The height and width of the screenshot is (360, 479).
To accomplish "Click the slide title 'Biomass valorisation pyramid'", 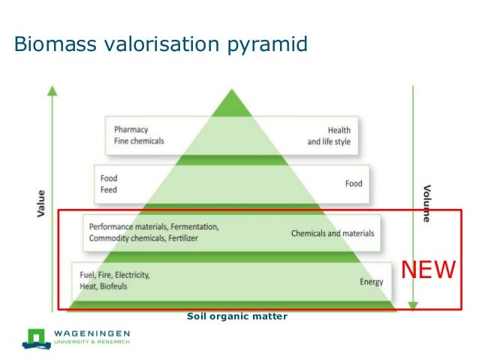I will [x=161, y=44].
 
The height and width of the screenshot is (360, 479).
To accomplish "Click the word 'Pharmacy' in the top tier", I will [x=131, y=129].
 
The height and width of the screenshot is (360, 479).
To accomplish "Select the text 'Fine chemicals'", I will [x=139, y=141].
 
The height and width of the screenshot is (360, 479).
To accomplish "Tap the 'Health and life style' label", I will [x=329, y=135].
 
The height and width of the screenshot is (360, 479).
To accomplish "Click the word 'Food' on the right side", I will [x=353, y=183].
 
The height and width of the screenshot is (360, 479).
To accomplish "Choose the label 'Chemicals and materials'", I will [x=332, y=234].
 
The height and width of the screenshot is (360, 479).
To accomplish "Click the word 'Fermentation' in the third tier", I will [x=194, y=226].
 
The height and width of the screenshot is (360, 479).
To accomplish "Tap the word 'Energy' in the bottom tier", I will [x=371, y=282].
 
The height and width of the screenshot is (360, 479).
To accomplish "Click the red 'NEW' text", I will [x=428, y=270].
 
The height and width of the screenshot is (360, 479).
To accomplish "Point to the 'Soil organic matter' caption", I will [x=236, y=316].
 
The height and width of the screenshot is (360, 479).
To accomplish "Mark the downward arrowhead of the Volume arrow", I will [x=412, y=305].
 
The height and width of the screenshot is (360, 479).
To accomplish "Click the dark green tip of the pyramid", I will [x=232, y=102].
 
